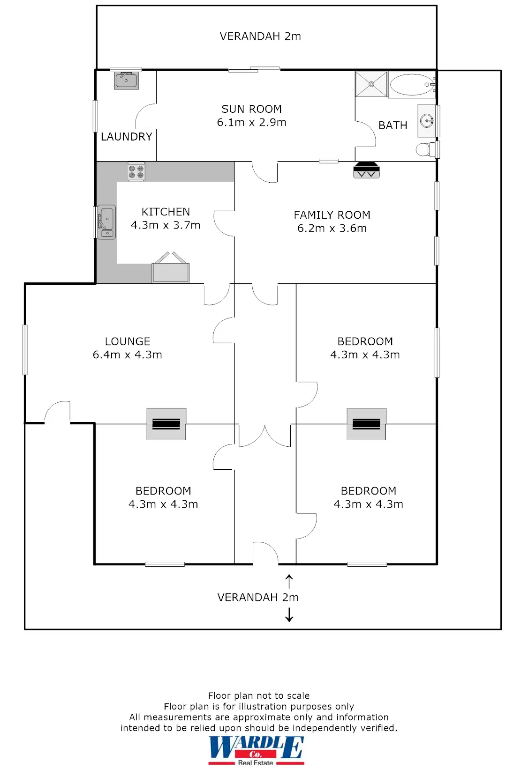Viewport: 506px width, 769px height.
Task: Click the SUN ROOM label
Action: (251, 109)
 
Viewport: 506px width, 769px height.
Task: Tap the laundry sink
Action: (126, 81)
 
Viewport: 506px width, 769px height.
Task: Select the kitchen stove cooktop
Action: (136, 171)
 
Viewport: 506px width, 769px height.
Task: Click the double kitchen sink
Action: (106, 222)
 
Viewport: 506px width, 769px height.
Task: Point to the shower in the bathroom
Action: (371, 84)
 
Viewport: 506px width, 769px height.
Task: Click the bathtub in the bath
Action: (412, 85)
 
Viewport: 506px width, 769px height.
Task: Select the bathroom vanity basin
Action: (427, 121)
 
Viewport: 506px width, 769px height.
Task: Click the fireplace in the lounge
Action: (166, 424)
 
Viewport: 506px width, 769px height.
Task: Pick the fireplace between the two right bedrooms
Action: (366, 424)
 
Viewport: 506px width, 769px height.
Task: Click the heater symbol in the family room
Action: (366, 170)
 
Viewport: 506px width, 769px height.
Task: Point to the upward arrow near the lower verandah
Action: (289, 581)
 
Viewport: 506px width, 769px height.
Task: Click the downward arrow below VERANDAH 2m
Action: (289, 614)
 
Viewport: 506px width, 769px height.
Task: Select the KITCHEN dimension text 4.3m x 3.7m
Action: (166, 225)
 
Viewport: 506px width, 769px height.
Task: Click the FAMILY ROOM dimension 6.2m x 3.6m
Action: (332, 229)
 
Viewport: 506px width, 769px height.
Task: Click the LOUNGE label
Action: (128, 341)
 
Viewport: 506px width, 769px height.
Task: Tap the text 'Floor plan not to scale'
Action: (259, 695)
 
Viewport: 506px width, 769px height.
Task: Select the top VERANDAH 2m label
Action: (260, 37)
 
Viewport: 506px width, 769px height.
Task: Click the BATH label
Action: (393, 126)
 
